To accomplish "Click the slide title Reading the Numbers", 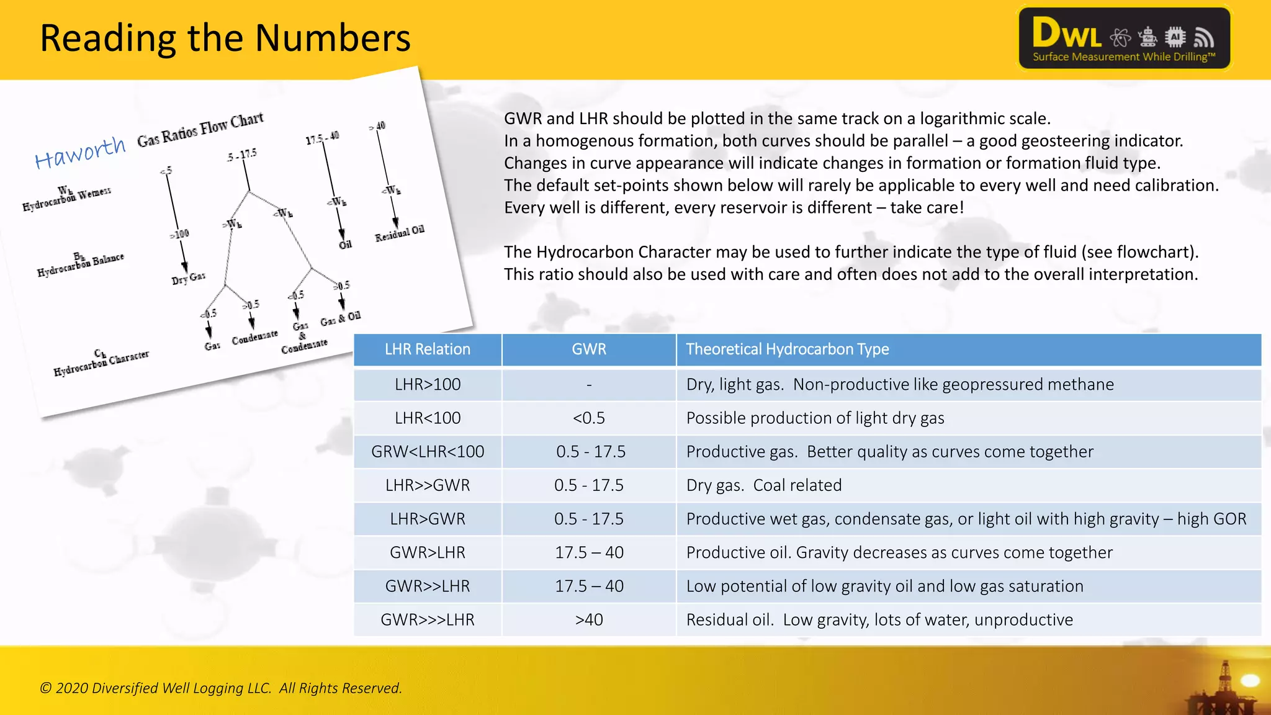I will click(225, 38).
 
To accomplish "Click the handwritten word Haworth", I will click(80, 152).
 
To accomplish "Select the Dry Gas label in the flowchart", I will click(189, 278).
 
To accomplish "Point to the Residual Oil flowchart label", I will click(400, 233).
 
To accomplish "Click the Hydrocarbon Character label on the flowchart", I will click(101, 363).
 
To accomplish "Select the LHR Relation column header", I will click(427, 349).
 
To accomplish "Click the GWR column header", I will click(588, 349).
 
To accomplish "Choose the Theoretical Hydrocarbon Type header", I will click(787, 349).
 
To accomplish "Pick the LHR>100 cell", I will click(427, 385).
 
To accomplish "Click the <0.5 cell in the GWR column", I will click(588, 418).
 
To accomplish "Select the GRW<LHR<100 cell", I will click(427, 452).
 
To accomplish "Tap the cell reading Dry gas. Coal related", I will click(763, 485).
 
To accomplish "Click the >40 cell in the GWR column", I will click(588, 619).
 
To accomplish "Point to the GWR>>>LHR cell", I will click(427, 619).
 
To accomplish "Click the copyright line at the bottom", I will click(221, 688).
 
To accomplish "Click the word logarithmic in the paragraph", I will click(961, 119).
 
